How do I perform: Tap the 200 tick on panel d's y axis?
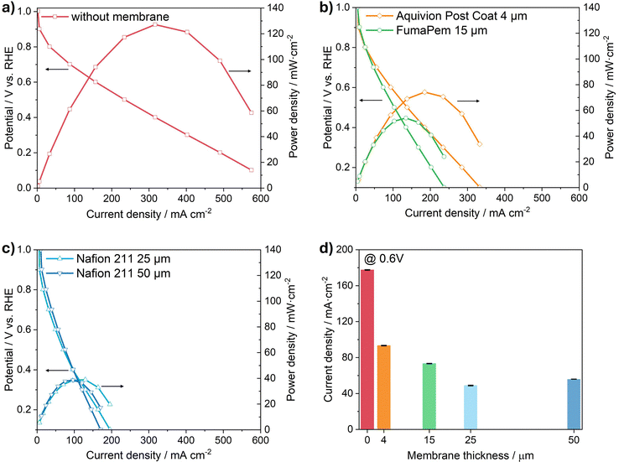346,250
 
